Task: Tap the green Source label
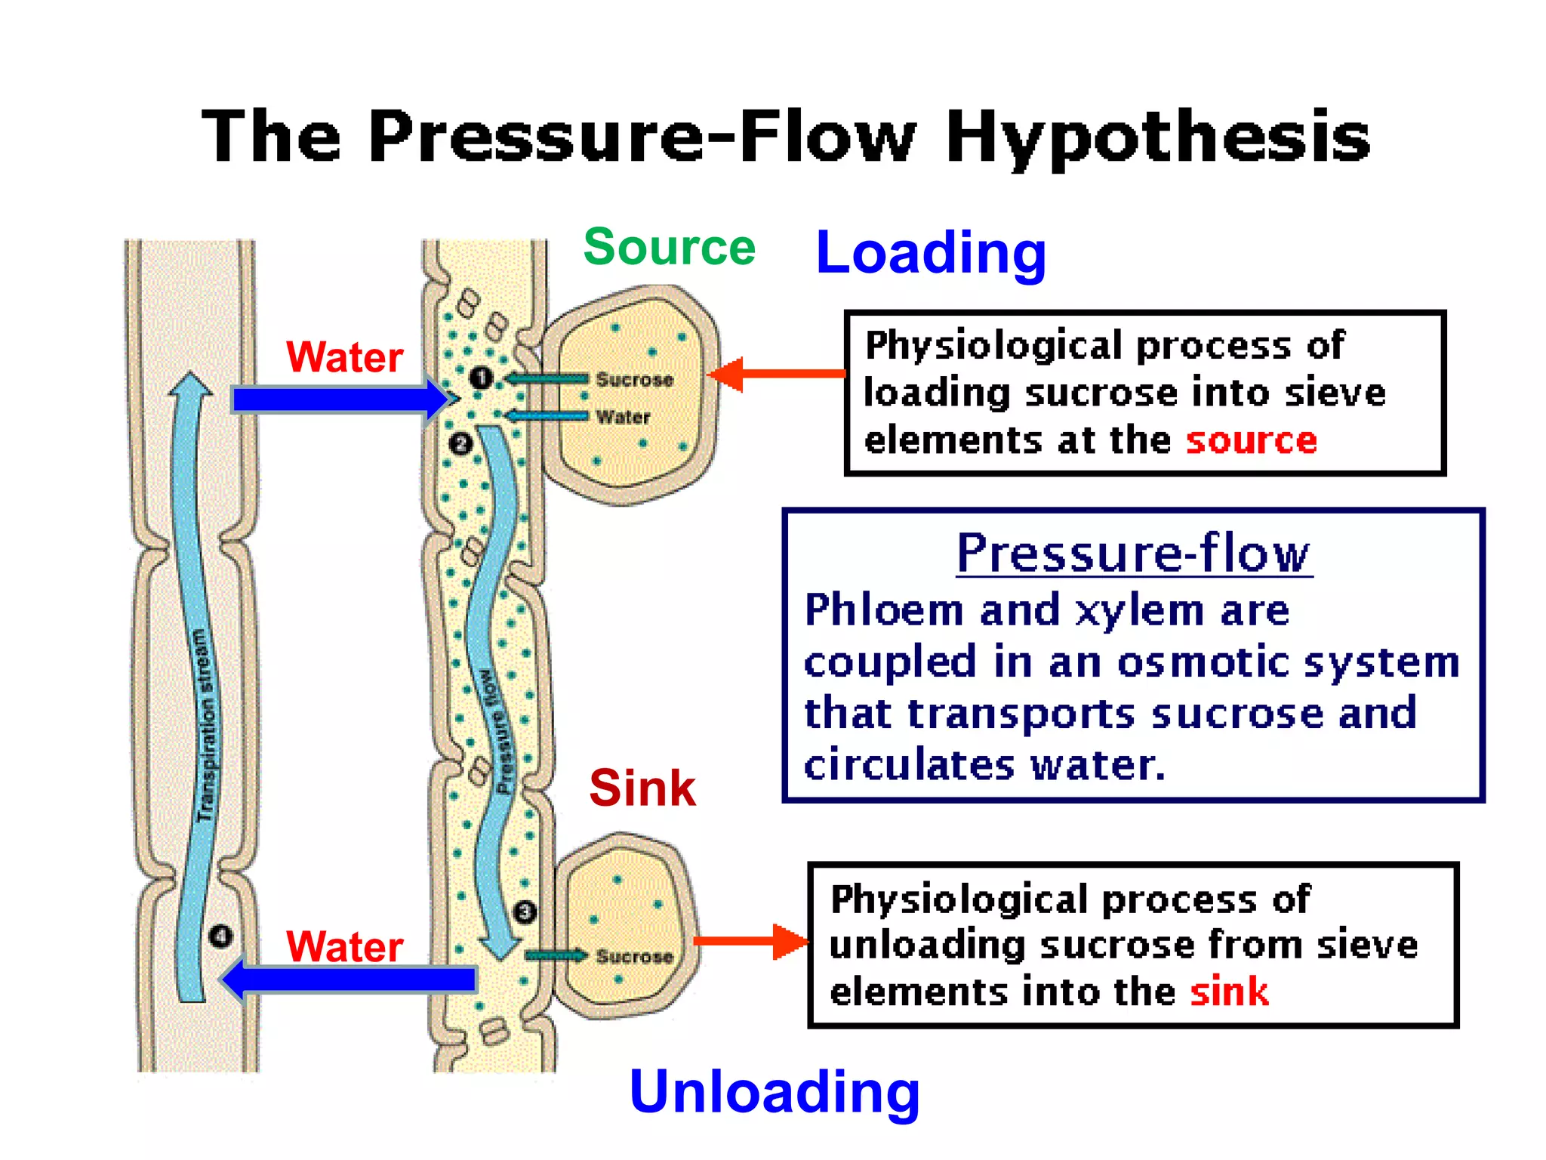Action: click(x=669, y=247)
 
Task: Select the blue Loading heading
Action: click(x=931, y=253)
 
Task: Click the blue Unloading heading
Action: click(x=775, y=1091)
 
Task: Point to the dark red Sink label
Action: click(x=642, y=788)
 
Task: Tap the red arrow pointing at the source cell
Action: click(x=778, y=374)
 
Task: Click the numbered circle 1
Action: click(x=481, y=378)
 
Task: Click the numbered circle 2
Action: click(x=460, y=443)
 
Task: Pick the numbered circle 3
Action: click(x=525, y=912)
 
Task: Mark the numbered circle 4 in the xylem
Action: click(x=220, y=936)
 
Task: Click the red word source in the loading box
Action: click(x=1251, y=440)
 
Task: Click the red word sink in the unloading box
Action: click(x=1229, y=992)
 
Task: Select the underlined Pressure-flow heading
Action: click(x=1133, y=553)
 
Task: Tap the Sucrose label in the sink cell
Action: click(x=634, y=956)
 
